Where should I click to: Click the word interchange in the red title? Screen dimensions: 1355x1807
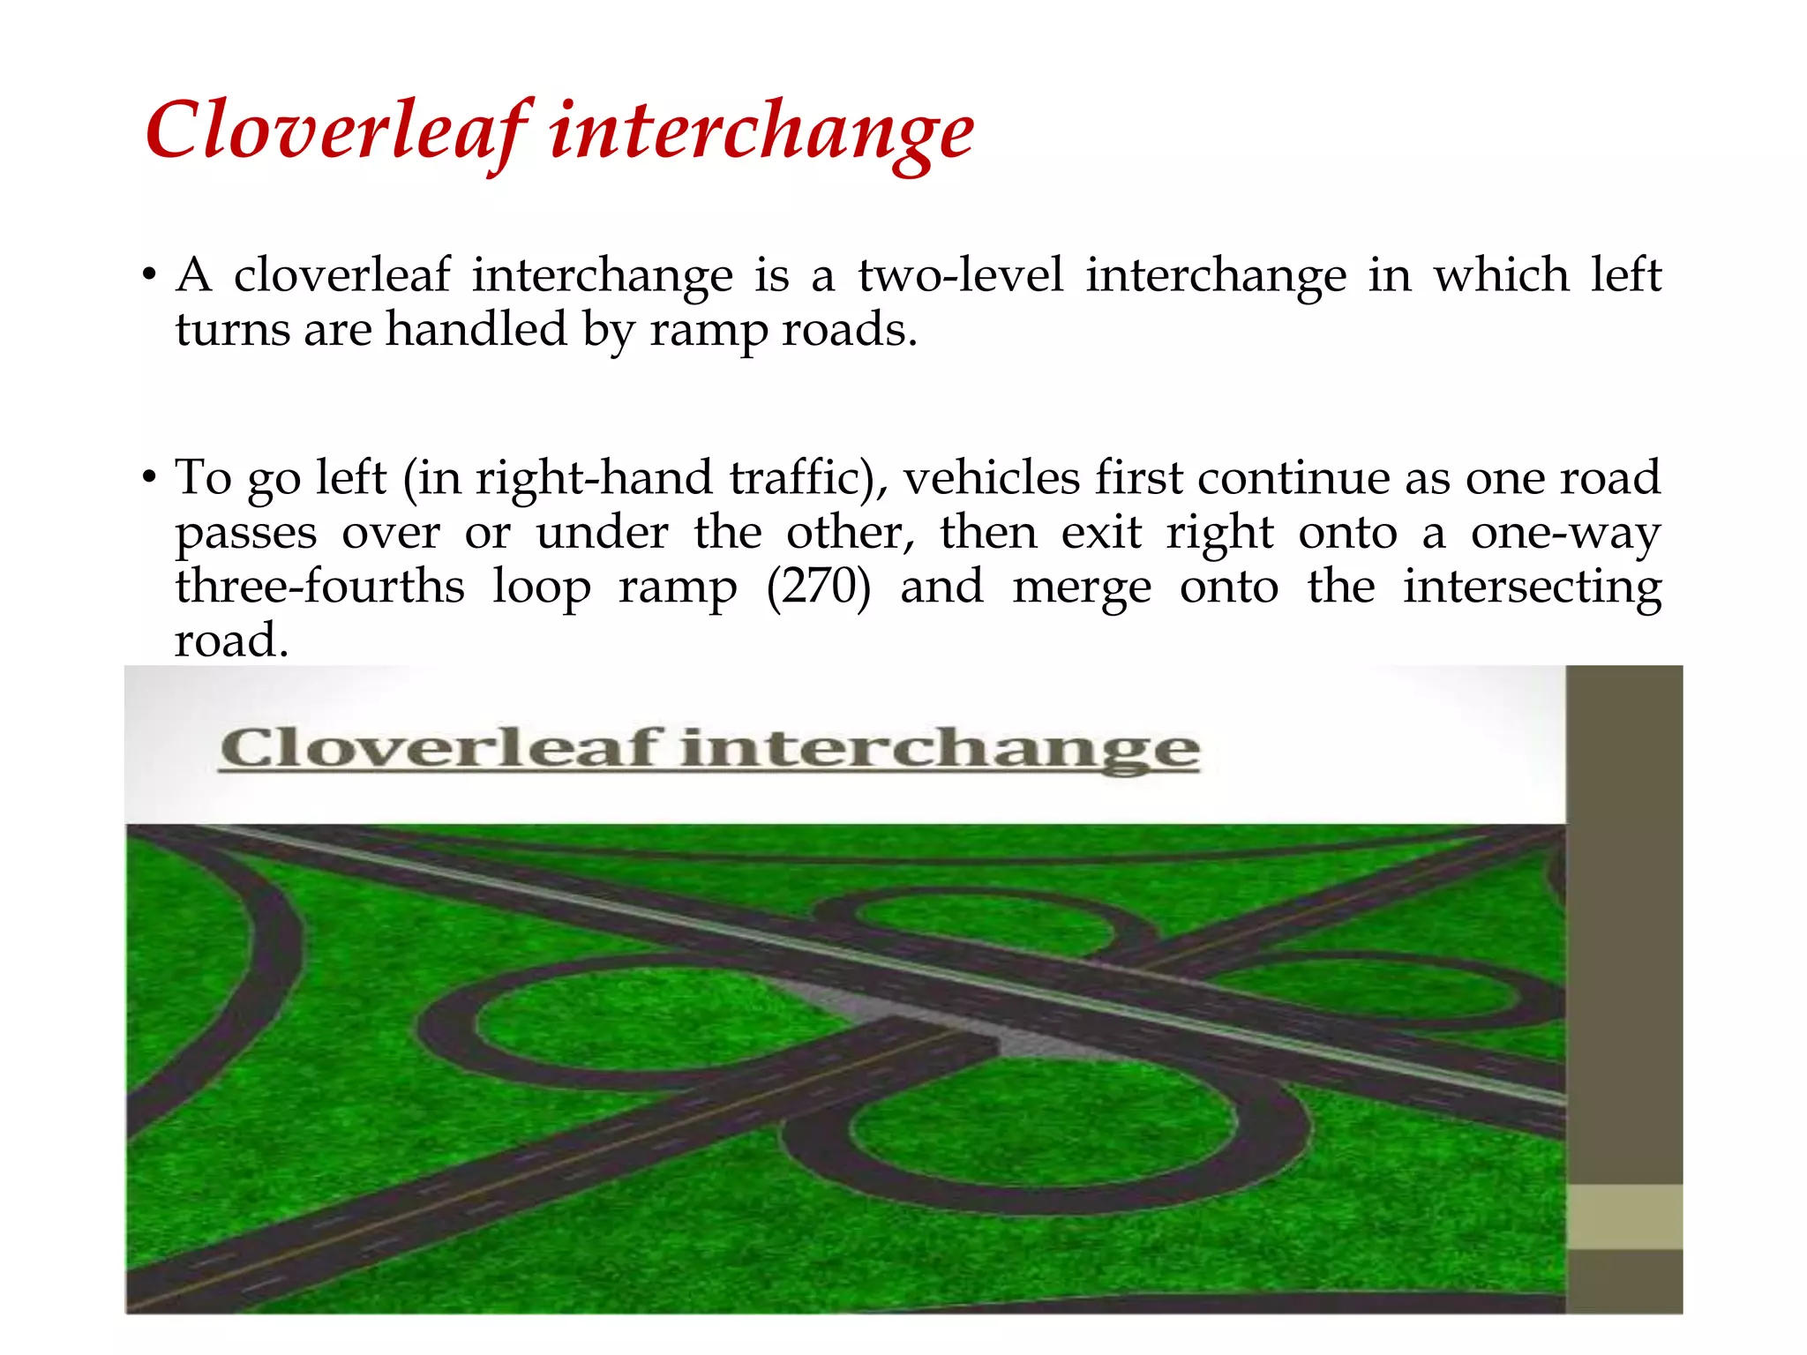click(x=761, y=131)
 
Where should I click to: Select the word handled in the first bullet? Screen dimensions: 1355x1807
click(x=476, y=330)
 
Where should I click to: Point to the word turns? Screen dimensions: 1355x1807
click(x=232, y=330)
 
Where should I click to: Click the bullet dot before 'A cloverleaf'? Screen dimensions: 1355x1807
click(x=150, y=275)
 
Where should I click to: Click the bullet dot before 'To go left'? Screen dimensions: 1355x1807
click(x=150, y=478)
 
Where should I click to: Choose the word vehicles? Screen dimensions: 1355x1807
click(x=992, y=478)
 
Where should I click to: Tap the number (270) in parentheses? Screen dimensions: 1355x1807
click(x=818, y=587)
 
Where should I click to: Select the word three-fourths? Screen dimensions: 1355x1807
click(x=319, y=587)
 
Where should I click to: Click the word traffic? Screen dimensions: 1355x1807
click(x=807, y=478)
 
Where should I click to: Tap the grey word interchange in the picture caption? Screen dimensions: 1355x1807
click(x=940, y=750)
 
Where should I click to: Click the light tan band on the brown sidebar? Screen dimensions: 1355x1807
click(x=1623, y=1217)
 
